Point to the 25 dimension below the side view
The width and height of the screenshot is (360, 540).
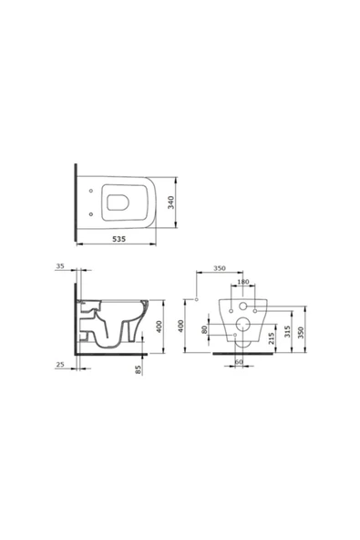click(x=59, y=364)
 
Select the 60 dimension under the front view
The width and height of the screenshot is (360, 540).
click(x=239, y=362)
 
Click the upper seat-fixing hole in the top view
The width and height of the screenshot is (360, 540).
click(x=94, y=192)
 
